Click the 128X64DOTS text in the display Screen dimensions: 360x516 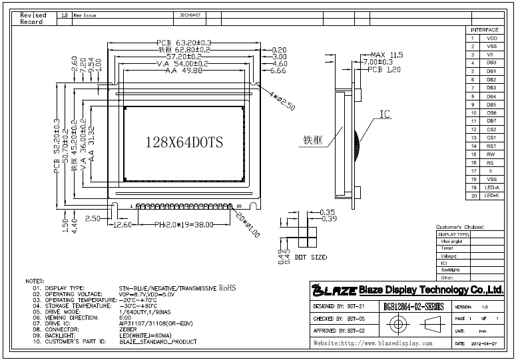183,142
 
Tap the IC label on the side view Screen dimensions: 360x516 385,114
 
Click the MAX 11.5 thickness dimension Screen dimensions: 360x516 387,55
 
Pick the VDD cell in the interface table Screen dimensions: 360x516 491,39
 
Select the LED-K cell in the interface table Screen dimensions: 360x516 491,196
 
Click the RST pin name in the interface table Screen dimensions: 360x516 491,146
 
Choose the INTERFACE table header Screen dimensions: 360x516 484,30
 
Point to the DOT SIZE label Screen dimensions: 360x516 311,256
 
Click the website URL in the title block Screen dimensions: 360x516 373,343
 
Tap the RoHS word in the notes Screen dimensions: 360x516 228,288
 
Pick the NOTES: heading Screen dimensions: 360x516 35,281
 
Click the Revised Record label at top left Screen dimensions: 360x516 33,18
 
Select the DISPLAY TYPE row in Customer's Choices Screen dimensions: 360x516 453,234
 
